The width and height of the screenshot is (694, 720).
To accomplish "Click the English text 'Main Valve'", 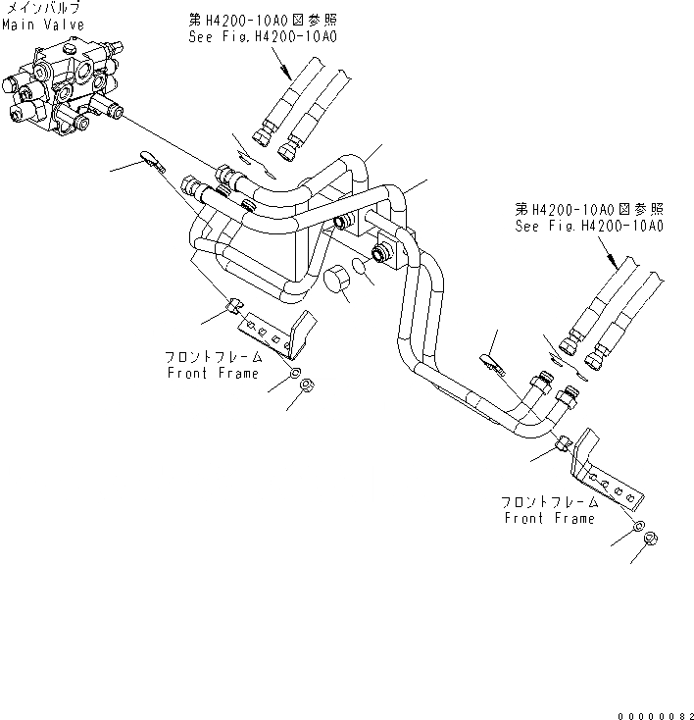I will click(42, 25).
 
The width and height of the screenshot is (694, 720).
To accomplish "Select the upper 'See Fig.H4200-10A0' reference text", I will click(262, 36).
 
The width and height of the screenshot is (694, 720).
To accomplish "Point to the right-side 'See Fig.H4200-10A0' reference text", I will click(589, 226).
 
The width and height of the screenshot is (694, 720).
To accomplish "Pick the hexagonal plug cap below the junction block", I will click(339, 281).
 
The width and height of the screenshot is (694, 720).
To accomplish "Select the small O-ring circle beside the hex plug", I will click(363, 268).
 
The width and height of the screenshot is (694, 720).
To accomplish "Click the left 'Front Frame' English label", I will click(213, 373).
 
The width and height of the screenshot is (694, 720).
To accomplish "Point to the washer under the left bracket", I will click(295, 367).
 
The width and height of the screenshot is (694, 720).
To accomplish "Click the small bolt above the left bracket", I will click(233, 307).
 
